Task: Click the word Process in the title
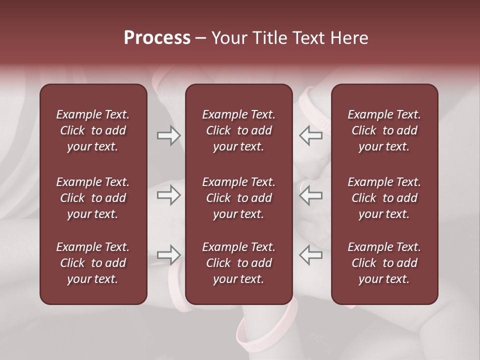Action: [x=157, y=38]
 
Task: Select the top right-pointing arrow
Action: [x=169, y=135]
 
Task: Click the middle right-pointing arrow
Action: [x=169, y=195]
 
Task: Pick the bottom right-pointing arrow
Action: [x=169, y=255]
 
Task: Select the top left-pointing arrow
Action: [x=310, y=135]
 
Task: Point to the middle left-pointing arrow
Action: [x=310, y=195]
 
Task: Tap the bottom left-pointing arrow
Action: [x=310, y=255]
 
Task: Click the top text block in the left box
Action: [x=93, y=130]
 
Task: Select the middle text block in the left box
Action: [x=93, y=198]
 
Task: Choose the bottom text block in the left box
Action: [x=93, y=263]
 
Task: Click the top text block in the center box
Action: [x=238, y=130]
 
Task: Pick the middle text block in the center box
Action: [x=238, y=198]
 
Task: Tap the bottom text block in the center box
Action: [x=238, y=263]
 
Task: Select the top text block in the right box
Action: [x=384, y=130]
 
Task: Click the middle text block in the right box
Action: [x=384, y=198]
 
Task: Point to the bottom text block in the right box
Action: [x=384, y=263]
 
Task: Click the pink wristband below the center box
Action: [x=265, y=332]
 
